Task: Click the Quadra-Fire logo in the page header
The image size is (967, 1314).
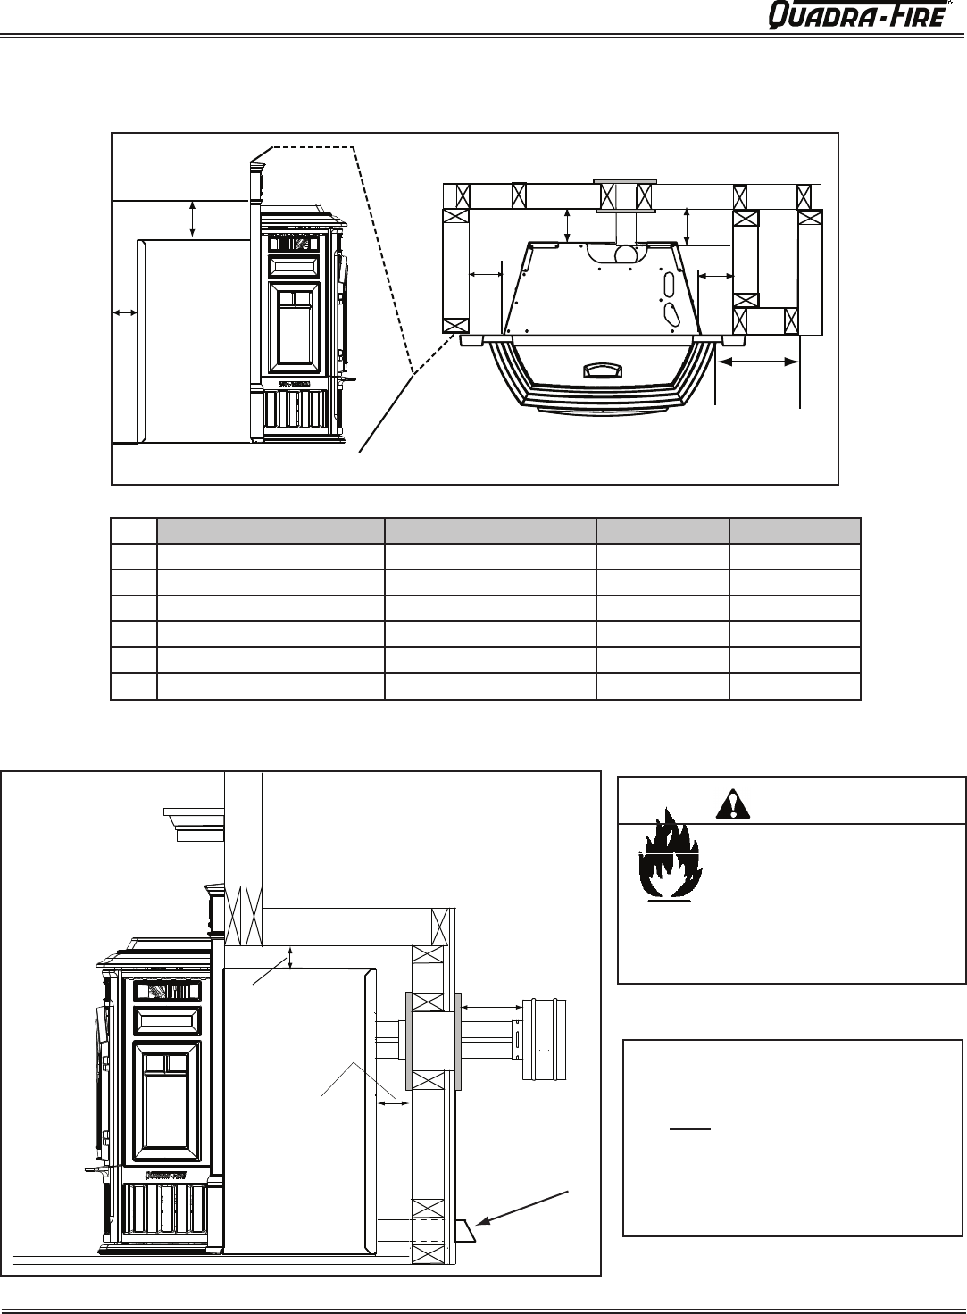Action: point(859,15)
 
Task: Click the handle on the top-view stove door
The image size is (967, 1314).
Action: point(603,370)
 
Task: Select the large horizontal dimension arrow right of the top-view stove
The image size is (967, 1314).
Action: point(758,362)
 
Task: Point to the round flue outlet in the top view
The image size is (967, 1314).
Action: point(626,254)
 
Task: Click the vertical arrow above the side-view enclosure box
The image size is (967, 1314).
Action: point(193,220)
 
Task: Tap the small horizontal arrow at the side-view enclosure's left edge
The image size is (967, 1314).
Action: point(124,313)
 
